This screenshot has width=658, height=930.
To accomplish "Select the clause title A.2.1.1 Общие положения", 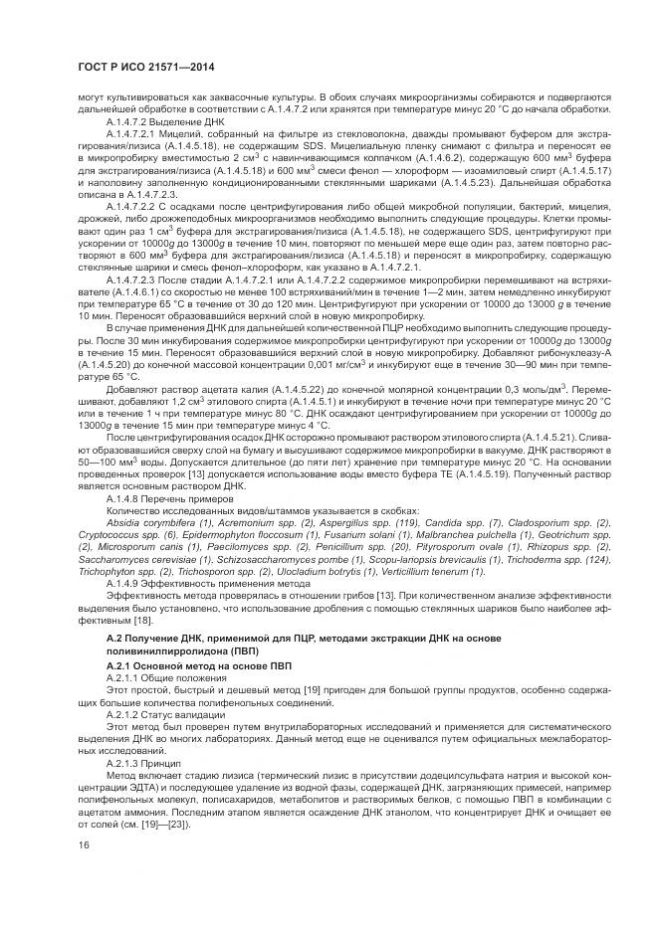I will (x=162, y=676).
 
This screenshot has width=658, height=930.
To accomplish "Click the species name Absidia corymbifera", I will (x=149, y=522).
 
